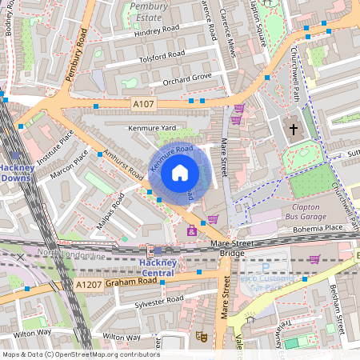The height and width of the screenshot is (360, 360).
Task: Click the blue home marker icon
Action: [180, 173]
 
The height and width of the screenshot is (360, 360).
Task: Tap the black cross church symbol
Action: [293, 129]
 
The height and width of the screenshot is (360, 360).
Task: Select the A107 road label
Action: [143, 103]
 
